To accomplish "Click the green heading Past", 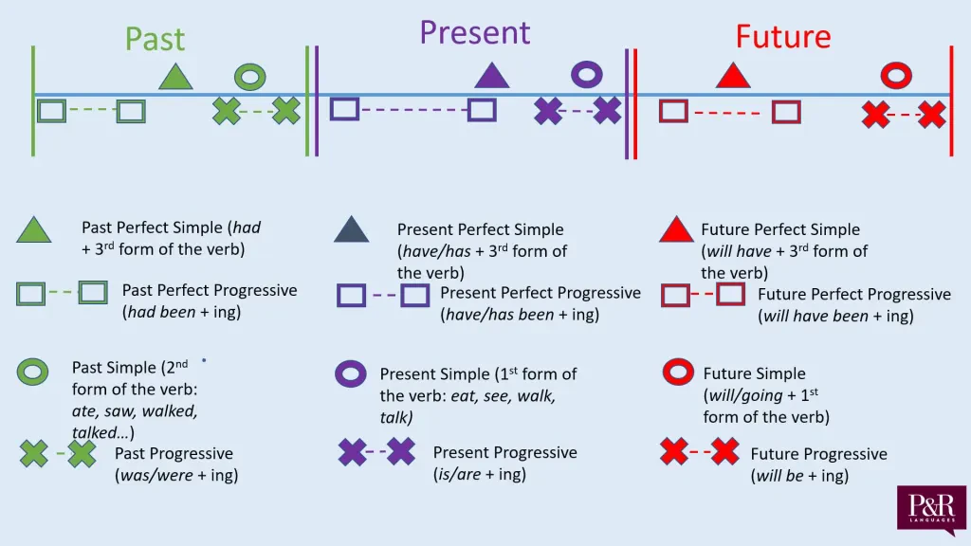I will [155, 40].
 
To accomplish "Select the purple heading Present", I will [474, 33].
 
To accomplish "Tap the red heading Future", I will [782, 37].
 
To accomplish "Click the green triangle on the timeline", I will [175, 78].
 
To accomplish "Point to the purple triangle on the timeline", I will [491, 76].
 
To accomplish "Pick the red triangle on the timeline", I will [731, 76].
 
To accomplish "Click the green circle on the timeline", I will [250, 77].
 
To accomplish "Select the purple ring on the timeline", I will [587, 74].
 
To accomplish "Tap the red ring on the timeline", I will [895, 75].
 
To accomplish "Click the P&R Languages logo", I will [931, 511].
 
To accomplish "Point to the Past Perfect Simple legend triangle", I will [33, 230].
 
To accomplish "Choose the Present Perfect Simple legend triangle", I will [351, 230].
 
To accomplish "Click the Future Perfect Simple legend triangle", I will [677, 230].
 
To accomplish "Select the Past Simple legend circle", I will [33, 373].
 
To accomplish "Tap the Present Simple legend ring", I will [350, 373].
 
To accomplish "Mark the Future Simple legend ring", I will [679, 373].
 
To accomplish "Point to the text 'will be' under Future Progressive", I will [779, 476].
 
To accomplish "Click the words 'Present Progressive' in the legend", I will [504, 452].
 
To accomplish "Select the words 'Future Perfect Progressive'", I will [853, 295].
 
